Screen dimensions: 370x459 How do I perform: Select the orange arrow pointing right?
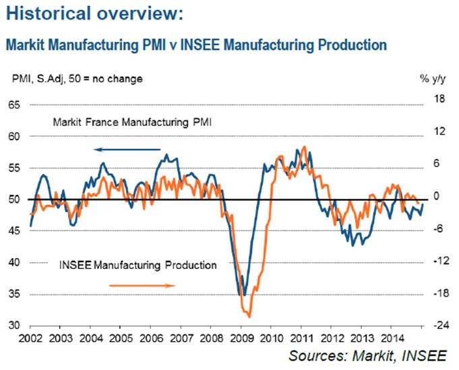pos(142,285)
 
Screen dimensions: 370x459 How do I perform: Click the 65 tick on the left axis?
pos(13,105)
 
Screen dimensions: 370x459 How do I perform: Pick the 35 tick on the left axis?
pos(13,295)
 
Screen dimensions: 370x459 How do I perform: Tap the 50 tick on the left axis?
pos(13,199)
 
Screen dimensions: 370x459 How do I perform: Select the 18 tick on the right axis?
pos(432,99)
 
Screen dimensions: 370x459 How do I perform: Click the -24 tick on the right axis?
pos(431,326)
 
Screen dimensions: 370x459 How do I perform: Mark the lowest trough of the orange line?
pos(249,316)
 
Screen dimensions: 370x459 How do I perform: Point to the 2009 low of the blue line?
pos(243,295)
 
